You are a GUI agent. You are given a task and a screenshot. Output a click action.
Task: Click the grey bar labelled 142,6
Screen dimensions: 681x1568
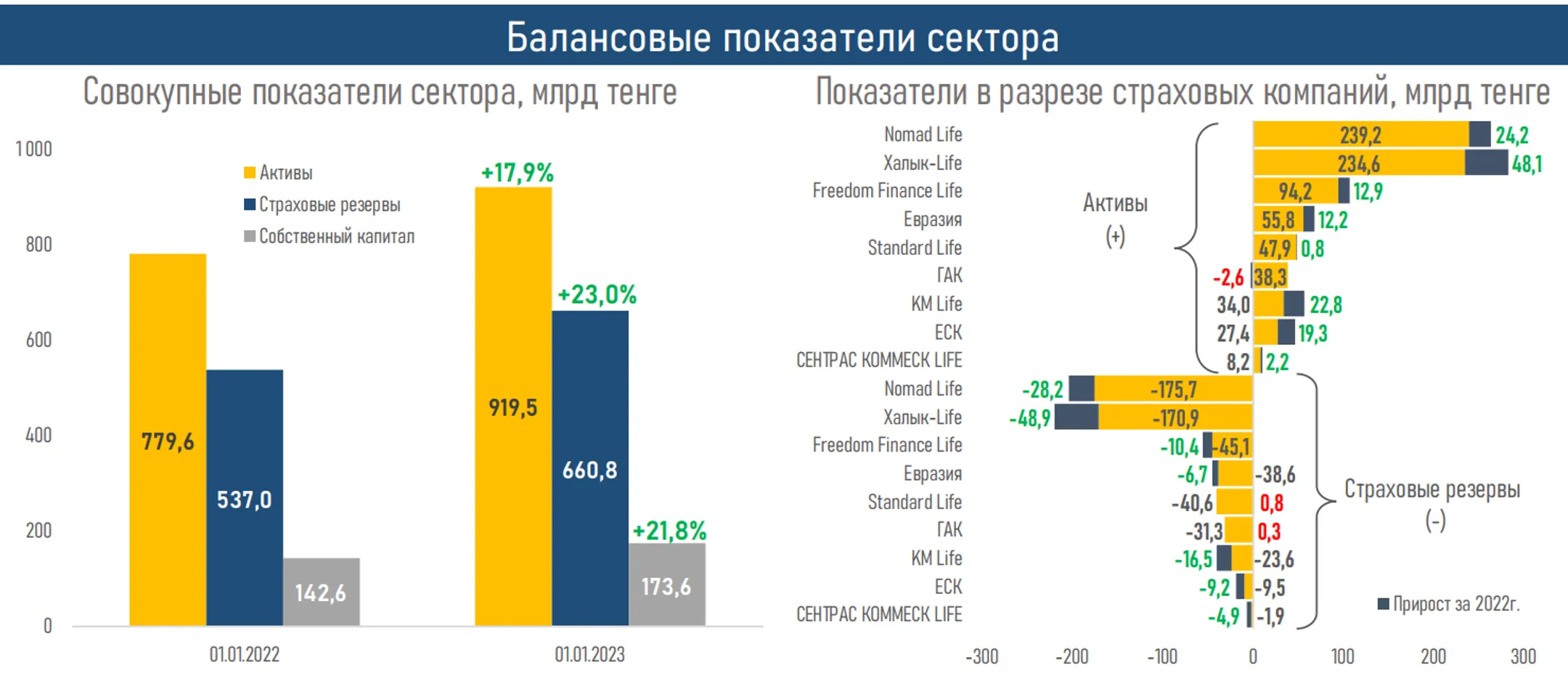pyautogui.click(x=321, y=592)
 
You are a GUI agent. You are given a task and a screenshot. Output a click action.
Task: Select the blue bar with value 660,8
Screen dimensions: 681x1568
pyautogui.click(x=589, y=468)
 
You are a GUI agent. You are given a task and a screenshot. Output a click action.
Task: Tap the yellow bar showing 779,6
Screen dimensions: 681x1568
pyautogui.click(x=168, y=440)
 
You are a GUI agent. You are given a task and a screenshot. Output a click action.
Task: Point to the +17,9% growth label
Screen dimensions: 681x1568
pyautogui.click(x=517, y=173)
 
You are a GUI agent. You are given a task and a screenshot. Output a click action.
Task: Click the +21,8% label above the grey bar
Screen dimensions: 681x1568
pyautogui.click(x=669, y=531)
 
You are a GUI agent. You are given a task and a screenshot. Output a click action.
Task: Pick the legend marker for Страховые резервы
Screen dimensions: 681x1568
pyautogui.click(x=250, y=205)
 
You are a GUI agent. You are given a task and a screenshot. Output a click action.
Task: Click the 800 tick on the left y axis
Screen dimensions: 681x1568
pyautogui.click(x=38, y=245)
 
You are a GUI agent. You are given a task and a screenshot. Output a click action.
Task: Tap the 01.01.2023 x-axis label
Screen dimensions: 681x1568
pyautogui.click(x=589, y=655)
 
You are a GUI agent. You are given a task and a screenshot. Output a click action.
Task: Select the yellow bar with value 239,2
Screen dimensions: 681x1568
pyautogui.click(x=1360, y=135)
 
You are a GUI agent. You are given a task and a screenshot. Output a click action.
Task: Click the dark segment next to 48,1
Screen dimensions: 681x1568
pyautogui.click(x=1486, y=163)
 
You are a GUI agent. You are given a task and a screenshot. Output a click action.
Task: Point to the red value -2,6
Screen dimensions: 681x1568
pyautogui.click(x=1228, y=277)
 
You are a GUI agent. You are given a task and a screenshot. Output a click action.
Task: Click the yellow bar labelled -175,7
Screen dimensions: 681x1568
pyautogui.click(x=1173, y=389)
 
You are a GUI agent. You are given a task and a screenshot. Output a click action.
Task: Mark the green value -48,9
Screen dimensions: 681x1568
pyautogui.click(x=1029, y=418)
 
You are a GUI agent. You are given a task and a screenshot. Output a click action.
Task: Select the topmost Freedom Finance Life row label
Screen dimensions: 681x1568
pyautogui.click(x=887, y=191)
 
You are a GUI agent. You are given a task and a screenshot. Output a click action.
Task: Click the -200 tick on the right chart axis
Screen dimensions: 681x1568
pyautogui.click(x=1071, y=656)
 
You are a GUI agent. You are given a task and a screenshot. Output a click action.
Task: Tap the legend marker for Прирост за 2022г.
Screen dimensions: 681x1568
pyautogui.click(x=1384, y=604)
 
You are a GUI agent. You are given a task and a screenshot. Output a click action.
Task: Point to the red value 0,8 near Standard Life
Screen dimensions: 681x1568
pyautogui.click(x=1271, y=502)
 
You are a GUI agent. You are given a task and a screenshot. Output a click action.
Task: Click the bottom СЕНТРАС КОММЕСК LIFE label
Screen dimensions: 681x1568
pyautogui.click(x=878, y=615)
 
